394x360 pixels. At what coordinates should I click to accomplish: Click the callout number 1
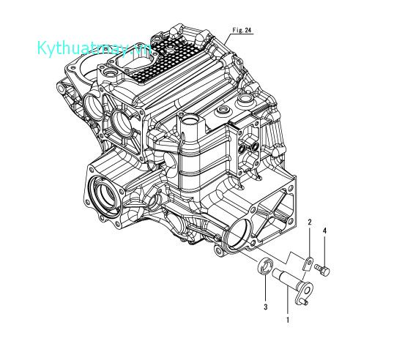coord(288,320)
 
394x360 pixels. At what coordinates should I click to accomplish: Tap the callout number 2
coord(310,222)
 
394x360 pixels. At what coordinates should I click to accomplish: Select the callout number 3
coord(265,307)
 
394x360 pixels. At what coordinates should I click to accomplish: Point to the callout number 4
coord(325,230)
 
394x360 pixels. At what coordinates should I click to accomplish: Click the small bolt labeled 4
coord(323,271)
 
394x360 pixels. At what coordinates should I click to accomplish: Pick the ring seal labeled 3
coord(267,267)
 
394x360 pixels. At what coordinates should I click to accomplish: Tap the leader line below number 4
coord(325,250)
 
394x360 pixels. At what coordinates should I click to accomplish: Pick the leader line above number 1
coord(288,304)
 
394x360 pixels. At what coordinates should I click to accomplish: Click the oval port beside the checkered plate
coord(113,75)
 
